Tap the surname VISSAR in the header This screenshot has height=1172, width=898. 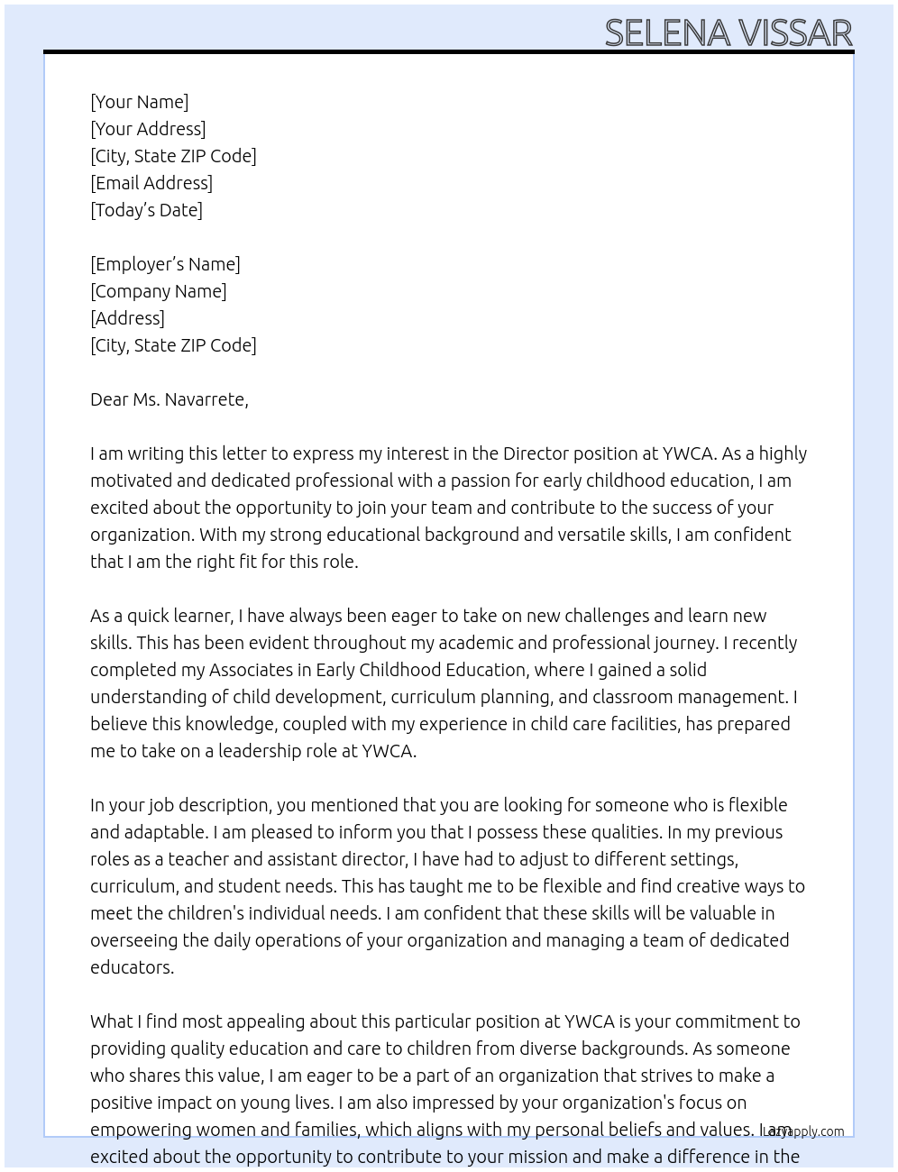tap(796, 33)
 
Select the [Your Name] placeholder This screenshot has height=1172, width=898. tap(140, 102)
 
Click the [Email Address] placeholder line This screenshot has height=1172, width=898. tap(151, 183)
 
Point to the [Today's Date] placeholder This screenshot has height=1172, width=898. tap(146, 210)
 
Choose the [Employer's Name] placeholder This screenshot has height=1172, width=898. tap(165, 264)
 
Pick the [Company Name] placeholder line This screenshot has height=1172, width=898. tap(159, 291)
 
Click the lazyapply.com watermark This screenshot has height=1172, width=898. tap(803, 1131)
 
